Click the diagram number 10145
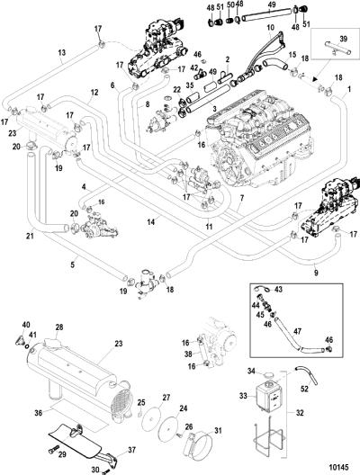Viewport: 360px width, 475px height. [x=337, y=467]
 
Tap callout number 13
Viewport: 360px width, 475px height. [x=61, y=53]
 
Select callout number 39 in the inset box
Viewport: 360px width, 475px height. [x=343, y=39]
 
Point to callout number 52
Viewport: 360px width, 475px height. [x=304, y=389]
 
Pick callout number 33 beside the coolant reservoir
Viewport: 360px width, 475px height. [x=243, y=396]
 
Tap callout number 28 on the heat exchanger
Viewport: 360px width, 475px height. [x=59, y=327]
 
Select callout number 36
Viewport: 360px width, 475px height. [x=38, y=412]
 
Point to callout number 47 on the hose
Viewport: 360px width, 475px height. [x=298, y=331]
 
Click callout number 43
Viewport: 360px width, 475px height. [x=278, y=290]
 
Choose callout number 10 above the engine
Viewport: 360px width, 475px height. [x=270, y=28]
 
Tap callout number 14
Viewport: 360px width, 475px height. [x=150, y=222]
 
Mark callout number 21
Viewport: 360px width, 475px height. [x=30, y=235]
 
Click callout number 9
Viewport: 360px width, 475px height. [x=316, y=273]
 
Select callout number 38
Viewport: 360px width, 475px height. [x=188, y=354]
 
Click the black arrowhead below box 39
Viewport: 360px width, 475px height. [x=315, y=78]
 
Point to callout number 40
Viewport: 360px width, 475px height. [x=26, y=325]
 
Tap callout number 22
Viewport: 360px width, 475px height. [x=176, y=90]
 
